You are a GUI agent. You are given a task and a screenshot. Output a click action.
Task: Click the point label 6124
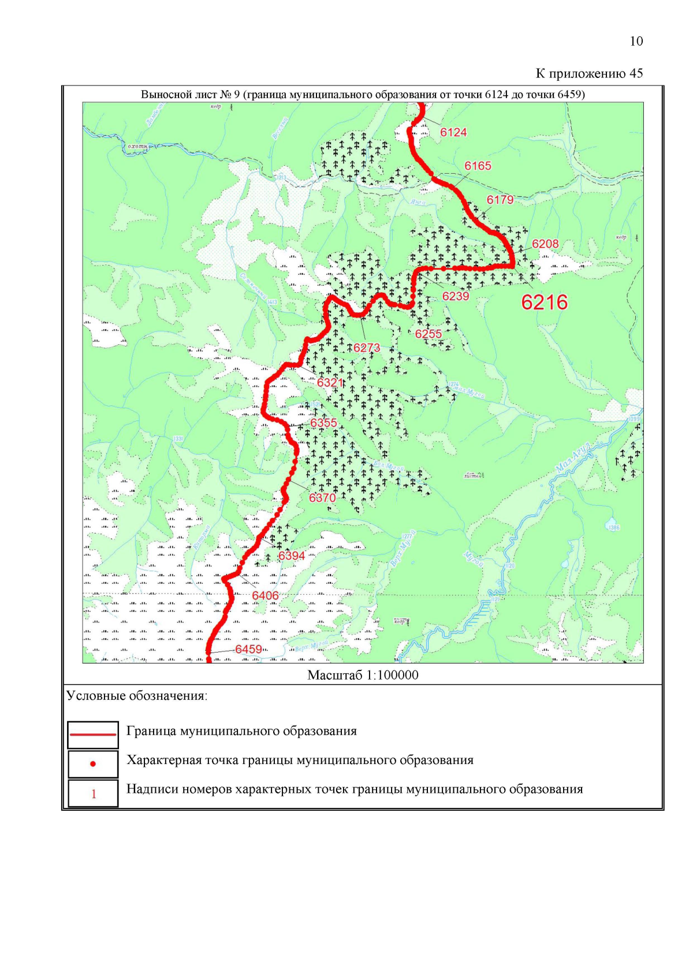(x=453, y=132)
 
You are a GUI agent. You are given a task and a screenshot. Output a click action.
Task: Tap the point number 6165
(x=478, y=166)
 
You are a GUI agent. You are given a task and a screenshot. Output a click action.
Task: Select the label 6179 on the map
(x=500, y=200)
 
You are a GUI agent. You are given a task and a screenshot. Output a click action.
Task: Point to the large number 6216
(x=544, y=302)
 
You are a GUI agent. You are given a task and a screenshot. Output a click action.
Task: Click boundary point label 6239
(x=456, y=296)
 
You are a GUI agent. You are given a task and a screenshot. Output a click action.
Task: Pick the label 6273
(x=367, y=348)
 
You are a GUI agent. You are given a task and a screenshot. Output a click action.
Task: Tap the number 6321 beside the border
(x=330, y=382)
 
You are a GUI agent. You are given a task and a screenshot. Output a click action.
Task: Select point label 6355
(x=323, y=423)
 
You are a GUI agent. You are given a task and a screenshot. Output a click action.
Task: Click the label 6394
(x=292, y=556)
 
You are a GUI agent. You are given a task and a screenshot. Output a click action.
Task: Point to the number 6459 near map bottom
(x=248, y=649)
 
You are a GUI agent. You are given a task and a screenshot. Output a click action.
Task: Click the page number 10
(x=636, y=41)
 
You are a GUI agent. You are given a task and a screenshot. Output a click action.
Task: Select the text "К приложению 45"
(x=589, y=73)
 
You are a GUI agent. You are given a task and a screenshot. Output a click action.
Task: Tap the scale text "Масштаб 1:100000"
(x=363, y=675)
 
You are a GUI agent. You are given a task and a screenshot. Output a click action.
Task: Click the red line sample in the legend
(x=93, y=734)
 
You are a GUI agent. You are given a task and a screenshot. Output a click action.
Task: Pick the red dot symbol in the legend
(x=93, y=764)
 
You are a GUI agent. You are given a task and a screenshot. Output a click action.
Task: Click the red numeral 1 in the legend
(x=94, y=794)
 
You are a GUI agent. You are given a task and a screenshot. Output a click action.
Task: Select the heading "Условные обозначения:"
(x=137, y=696)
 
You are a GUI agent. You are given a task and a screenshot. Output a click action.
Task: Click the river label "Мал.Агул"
(x=572, y=459)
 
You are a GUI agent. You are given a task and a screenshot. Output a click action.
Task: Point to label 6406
(x=265, y=595)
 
